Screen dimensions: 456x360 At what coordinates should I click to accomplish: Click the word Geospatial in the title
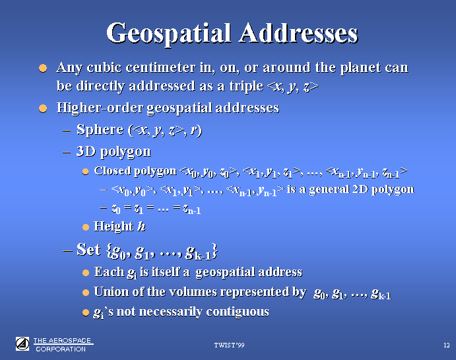coord(168,34)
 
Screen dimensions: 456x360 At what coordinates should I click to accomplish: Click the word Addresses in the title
coord(299,33)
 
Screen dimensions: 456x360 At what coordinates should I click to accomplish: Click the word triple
coord(246,87)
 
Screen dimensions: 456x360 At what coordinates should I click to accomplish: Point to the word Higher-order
coord(100,108)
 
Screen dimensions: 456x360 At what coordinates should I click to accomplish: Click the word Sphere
coord(100,129)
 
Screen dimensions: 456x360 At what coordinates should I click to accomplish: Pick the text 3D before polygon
coord(86,151)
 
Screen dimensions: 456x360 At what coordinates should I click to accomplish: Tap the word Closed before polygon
coord(113,170)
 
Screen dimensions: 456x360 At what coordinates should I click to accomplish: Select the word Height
coord(114,227)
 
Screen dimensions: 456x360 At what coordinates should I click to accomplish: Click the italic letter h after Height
coord(141,226)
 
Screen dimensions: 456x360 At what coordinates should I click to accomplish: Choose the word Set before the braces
coord(88,250)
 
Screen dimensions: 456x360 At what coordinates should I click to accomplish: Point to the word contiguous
coord(238,312)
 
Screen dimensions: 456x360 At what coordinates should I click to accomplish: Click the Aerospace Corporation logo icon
coord(22,344)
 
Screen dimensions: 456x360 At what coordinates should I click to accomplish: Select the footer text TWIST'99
coord(229,345)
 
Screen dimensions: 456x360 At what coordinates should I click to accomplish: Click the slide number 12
coord(446,345)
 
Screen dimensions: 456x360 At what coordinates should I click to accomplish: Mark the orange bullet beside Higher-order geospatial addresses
coord(43,108)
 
